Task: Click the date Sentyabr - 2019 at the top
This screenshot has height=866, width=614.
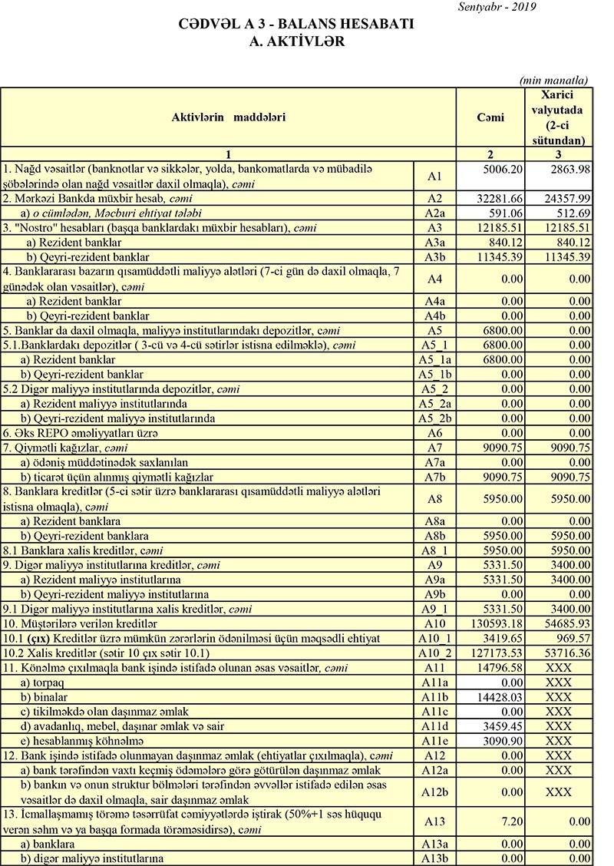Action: pyautogui.click(x=496, y=7)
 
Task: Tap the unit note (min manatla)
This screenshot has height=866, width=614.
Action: pyautogui.click(x=553, y=80)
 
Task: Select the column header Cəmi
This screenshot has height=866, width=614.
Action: pyautogui.click(x=490, y=117)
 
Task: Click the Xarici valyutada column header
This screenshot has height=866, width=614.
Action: pyautogui.click(x=558, y=117)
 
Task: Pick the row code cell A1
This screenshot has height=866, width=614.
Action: pyautogui.click(x=435, y=176)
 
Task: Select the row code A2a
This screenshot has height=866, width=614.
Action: pyautogui.click(x=435, y=213)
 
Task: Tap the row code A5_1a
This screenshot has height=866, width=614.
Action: pyautogui.click(x=435, y=359)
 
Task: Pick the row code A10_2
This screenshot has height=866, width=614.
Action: pyautogui.click(x=435, y=653)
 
